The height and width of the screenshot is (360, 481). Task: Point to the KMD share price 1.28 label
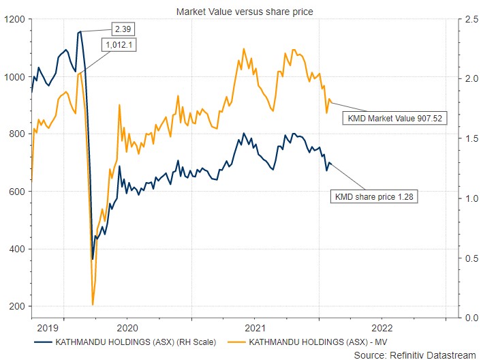[x=374, y=197]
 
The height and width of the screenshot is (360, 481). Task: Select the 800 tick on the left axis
[x=16, y=134]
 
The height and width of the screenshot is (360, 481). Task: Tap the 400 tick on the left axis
[x=16, y=249]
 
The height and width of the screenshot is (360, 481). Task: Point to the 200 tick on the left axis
[x=16, y=306]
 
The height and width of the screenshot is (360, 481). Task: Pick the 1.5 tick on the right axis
[x=467, y=139]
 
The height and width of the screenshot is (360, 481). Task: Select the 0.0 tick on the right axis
[x=467, y=318]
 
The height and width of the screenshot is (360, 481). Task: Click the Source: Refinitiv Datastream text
[x=416, y=355]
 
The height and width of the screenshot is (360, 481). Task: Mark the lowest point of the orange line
[x=93, y=304]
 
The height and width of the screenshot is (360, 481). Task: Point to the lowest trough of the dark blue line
[x=93, y=259]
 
